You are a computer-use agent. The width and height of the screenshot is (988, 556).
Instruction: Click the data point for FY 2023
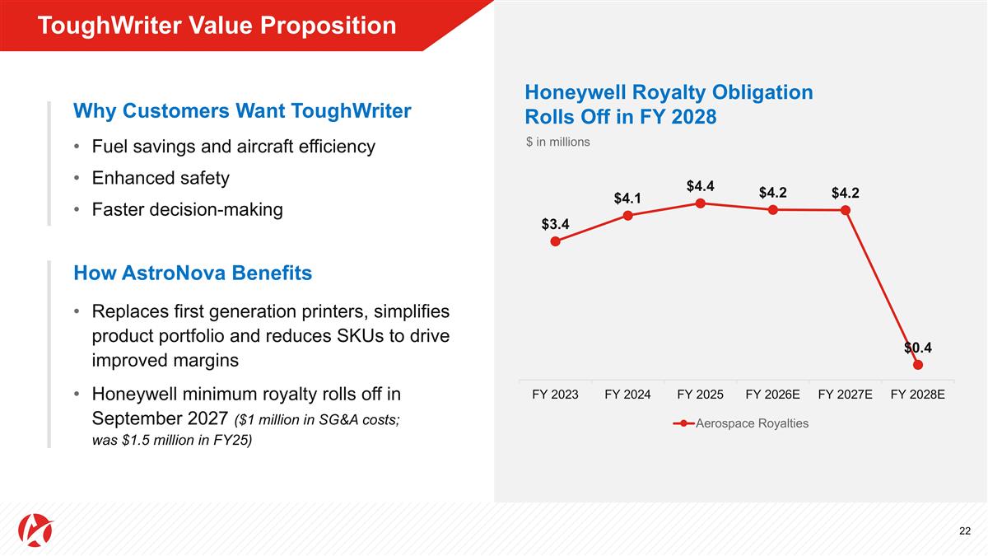click(556, 241)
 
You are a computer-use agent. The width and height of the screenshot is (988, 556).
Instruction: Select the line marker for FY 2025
click(700, 203)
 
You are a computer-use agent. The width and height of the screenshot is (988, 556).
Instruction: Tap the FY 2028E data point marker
click(918, 365)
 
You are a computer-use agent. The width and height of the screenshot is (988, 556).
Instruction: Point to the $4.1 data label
click(627, 199)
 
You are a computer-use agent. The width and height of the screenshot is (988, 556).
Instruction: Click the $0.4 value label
click(918, 347)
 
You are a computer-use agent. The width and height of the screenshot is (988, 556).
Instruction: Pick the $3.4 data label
click(556, 224)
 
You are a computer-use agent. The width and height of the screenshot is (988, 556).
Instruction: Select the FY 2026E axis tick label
click(772, 395)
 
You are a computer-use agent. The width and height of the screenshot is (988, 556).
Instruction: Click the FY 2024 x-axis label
click(627, 395)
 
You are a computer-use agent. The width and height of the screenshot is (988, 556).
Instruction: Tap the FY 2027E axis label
click(845, 395)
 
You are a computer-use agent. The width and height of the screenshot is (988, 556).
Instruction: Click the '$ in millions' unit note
click(558, 142)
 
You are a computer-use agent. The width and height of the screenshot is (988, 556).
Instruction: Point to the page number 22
click(965, 531)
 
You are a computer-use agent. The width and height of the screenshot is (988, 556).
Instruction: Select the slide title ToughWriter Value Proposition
click(217, 26)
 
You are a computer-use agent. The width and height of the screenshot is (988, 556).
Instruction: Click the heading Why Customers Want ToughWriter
click(242, 110)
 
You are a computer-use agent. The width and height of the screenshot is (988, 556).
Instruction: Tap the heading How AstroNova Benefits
click(193, 273)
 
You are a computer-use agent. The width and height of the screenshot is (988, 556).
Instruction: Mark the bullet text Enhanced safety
click(161, 178)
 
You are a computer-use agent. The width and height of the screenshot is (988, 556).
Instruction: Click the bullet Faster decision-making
click(187, 209)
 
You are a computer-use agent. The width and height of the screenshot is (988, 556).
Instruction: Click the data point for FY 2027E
click(846, 210)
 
